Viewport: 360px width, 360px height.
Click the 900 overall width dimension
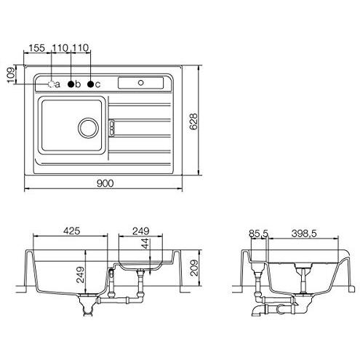tap(105, 183)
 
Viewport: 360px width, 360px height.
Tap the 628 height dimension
tap(193, 121)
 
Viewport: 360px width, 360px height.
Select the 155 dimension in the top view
tap(37, 48)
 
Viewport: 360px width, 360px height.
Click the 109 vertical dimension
tap(10, 75)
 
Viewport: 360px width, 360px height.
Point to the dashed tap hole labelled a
tap(51, 84)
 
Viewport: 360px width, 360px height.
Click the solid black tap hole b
tap(71, 84)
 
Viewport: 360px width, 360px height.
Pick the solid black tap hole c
tap(90, 84)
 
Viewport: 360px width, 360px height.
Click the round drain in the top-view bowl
tap(88, 128)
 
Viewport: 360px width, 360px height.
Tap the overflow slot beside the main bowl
tap(112, 127)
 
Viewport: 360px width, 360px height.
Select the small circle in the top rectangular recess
tap(140, 83)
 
